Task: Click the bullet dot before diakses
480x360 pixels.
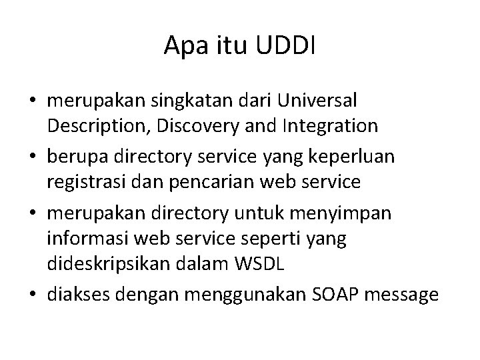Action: pos(33,293)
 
